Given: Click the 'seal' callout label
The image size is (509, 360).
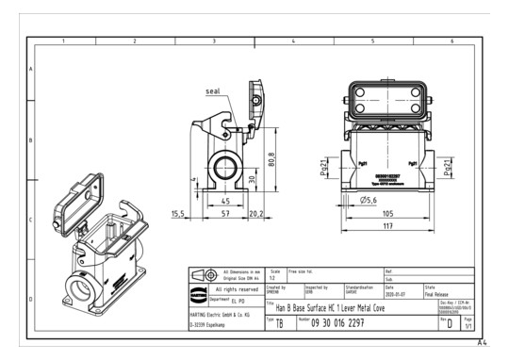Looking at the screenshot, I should [214, 91].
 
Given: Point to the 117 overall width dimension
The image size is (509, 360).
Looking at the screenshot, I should [386, 226].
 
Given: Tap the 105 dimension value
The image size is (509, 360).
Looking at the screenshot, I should [386, 214].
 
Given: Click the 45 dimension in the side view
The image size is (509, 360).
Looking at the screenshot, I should [226, 201].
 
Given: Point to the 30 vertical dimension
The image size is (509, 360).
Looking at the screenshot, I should [252, 178].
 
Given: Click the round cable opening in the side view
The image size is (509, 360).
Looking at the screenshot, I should [225, 170].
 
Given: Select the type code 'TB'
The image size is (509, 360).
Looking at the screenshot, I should [280, 323].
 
